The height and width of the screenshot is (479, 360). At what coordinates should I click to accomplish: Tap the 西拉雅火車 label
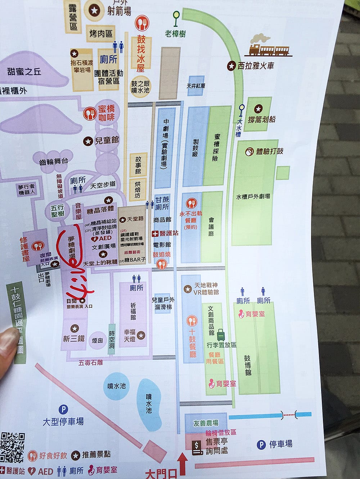tap(256, 66)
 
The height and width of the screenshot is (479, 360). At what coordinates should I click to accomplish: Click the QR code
tap(12, 448)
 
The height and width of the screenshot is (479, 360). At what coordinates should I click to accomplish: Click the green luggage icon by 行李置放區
tap(221, 335)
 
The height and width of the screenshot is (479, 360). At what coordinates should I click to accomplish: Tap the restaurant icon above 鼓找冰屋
tap(141, 24)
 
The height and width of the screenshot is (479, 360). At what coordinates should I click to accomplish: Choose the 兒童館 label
tap(107, 141)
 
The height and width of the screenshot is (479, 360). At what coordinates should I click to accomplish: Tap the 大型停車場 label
tap(63, 422)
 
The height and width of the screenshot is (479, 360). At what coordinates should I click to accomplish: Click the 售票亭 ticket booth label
tap(216, 442)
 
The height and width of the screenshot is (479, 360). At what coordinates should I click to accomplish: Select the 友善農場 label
tap(206, 423)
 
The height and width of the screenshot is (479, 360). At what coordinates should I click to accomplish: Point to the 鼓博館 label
tap(248, 365)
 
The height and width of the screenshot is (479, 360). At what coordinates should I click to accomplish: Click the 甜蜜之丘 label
tap(24, 71)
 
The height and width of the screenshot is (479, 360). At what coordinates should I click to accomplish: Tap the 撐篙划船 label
tap(262, 119)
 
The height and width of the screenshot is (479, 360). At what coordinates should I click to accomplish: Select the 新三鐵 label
tap(74, 338)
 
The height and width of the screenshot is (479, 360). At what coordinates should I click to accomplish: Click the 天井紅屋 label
tap(196, 86)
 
